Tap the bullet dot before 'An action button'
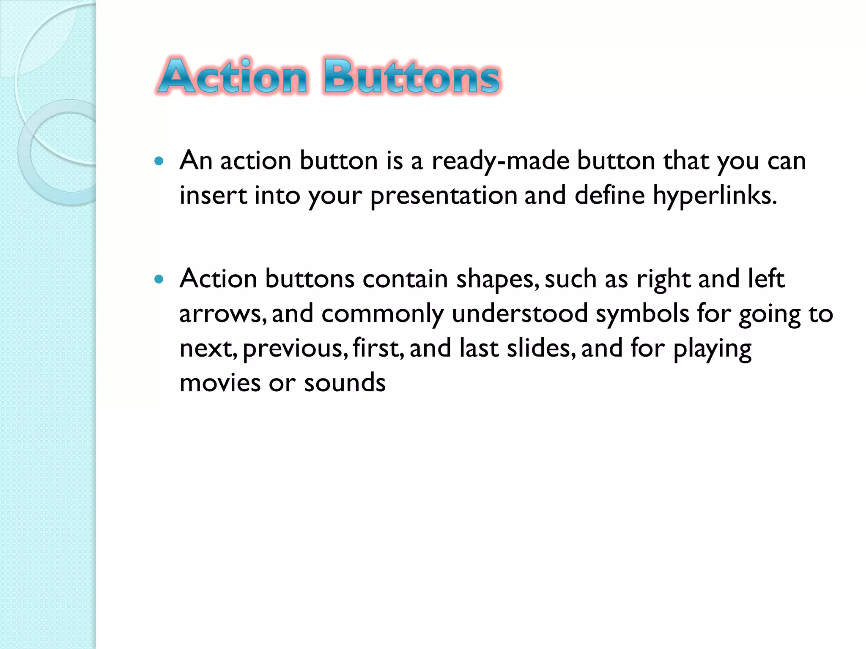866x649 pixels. pos(159,161)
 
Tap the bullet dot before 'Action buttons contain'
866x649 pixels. pos(159,279)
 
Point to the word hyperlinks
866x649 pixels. pos(715,196)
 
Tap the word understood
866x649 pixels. pos(520,314)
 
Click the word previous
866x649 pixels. pos(295,349)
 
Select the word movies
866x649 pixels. pos(220,383)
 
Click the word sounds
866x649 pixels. pos(345,383)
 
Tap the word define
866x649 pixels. pos(609,196)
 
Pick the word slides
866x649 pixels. pos(540,349)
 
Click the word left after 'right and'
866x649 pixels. pos(766,279)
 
